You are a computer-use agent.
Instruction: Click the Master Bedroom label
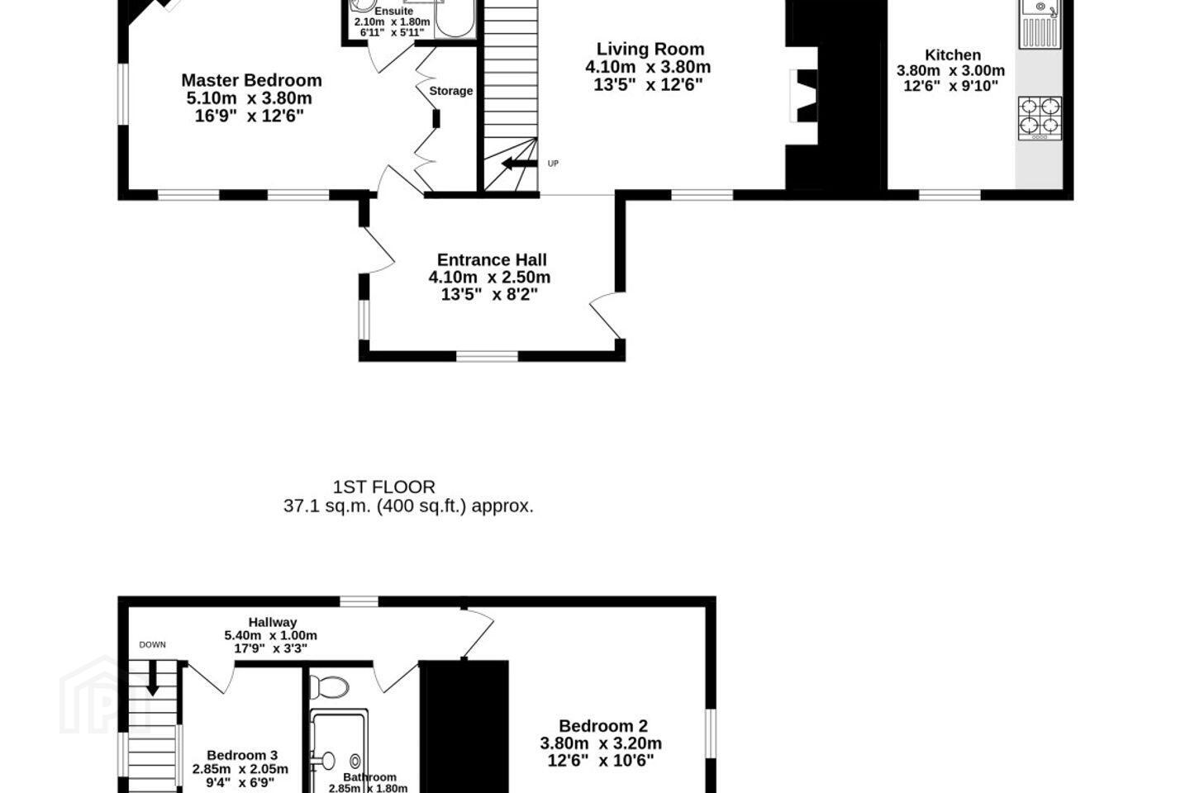(x=251, y=80)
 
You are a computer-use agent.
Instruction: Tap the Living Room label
(x=650, y=49)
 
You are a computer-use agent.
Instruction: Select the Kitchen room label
(x=953, y=55)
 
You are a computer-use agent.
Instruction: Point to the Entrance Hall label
(x=492, y=259)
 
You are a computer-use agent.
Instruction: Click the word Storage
(x=450, y=91)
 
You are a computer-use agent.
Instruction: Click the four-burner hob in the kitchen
(x=1040, y=118)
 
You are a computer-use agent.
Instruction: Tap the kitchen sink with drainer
(x=1040, y=24)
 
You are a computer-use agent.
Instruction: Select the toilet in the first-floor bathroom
(x=329, y=686)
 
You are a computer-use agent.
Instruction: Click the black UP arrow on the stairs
(x=519, y=163)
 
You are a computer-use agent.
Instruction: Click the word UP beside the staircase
(x=553, y=164)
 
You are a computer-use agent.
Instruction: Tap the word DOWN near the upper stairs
(x=152, y=645)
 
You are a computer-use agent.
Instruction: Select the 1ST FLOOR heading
(x=383, y=487)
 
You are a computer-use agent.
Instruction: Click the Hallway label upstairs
(x=273, y=622)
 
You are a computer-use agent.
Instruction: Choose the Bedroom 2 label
(x=603, y=726)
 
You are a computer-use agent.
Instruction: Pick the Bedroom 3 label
(x=242, y=755)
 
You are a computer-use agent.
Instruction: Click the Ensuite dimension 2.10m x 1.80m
(x=392, y=22)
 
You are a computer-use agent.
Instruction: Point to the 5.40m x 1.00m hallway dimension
(x=270, y=635)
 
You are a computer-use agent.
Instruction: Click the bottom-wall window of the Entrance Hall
(x=488, y=356)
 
